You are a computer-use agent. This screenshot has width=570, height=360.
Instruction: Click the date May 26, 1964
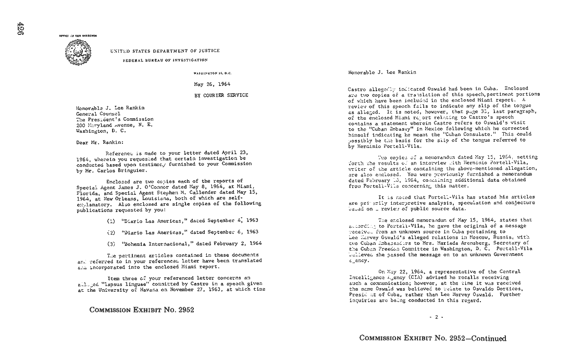click(x=212, y=84)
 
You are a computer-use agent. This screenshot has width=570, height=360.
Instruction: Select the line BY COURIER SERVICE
click(x=221, y=95)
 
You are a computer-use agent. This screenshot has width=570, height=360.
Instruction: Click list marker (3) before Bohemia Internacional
click(x=111, y=243)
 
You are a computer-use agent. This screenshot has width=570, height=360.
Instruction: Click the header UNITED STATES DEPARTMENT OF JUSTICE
click(x=165, y=51)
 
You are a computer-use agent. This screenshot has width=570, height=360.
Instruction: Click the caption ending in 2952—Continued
click(x=432, y=338)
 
